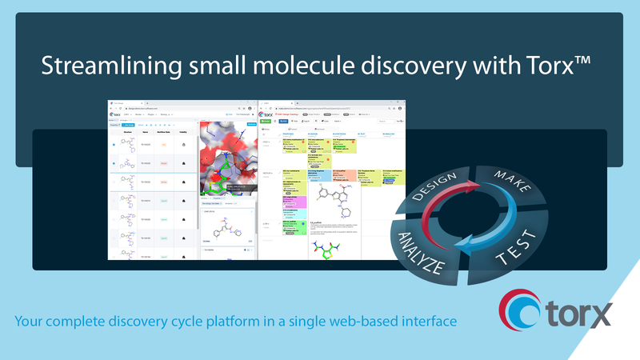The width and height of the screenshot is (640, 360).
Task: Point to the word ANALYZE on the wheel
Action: click(417, 248)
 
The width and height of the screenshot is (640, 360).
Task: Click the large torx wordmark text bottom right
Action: click(580, 314)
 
